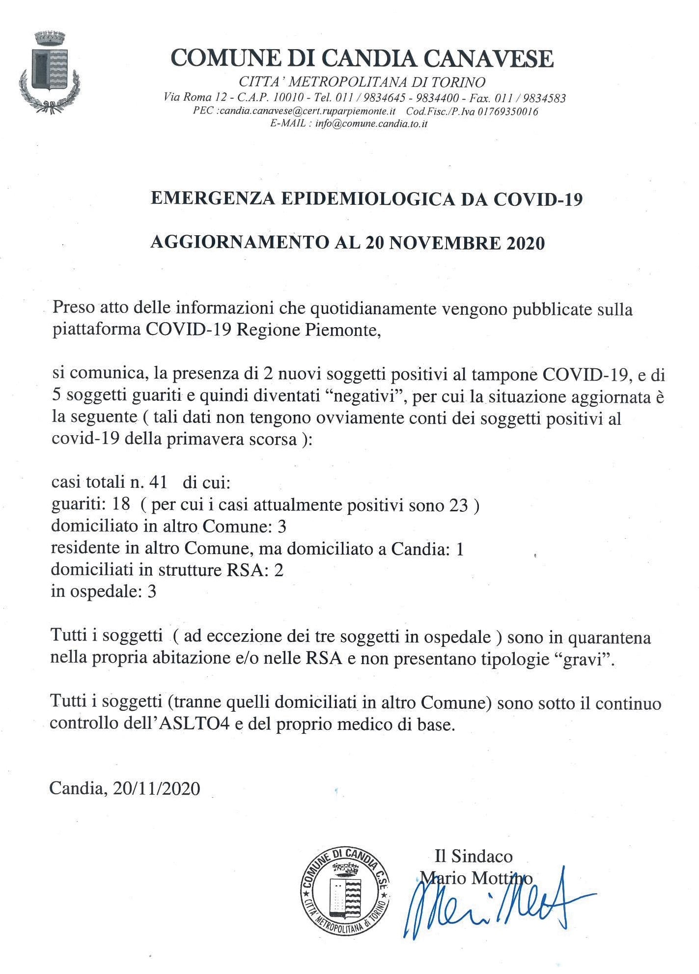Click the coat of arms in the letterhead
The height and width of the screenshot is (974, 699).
49,71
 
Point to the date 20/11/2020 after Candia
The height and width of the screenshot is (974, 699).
156,788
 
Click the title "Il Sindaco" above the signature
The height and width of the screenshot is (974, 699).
473,856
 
